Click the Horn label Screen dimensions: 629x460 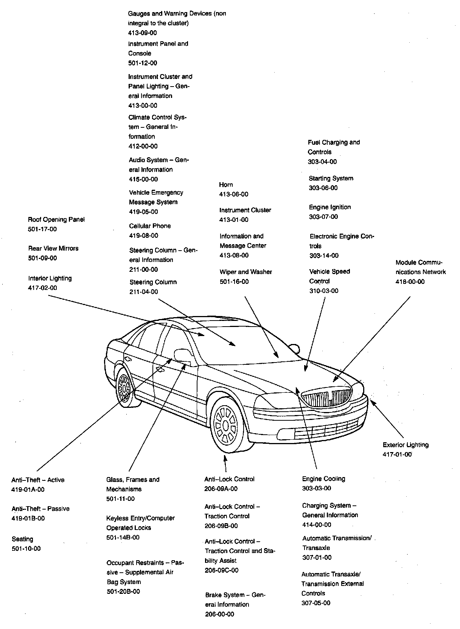click(x=226, y=184)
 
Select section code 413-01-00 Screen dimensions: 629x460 click(x=234, y=220)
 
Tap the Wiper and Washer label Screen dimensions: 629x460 click(x=246, y=272)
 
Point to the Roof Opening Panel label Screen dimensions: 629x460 click(x=56, y=220)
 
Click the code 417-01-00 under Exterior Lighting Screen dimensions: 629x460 click(x=397, y=454)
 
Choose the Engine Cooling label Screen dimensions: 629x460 click(x=323, y=479)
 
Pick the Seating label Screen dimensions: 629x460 click(x=22, y=539)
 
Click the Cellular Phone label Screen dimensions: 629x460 click(x=150, y=226)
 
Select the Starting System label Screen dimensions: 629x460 click(x=331, y=178)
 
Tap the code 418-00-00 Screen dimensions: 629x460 click(x=410, y=282)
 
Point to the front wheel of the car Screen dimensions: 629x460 click(x=226, y=425)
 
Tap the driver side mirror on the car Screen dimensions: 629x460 click(x=182, y=355)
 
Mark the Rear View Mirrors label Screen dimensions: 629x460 click(x=53, y=248)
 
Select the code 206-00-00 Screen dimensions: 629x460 click(x=219, y=614)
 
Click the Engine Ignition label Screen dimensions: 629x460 click(x=330, y=207)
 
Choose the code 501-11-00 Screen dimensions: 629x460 click(x=120, y=499)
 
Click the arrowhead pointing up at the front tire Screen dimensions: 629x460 click(x=225, y=458)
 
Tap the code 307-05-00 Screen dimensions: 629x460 click(x=316, y=603)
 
